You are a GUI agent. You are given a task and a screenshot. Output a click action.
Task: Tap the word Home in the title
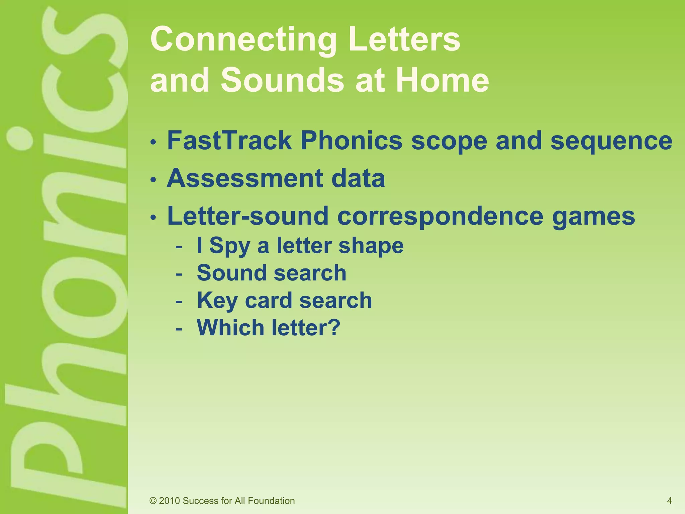click(442, 81)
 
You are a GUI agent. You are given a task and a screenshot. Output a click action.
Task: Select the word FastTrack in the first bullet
click(229, 141)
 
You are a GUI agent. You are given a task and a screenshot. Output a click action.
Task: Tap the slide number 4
click(669, 501)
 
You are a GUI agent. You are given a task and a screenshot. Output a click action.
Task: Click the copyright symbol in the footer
click(153, 501)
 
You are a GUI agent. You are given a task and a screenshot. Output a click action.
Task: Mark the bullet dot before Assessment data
click(153, 180)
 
